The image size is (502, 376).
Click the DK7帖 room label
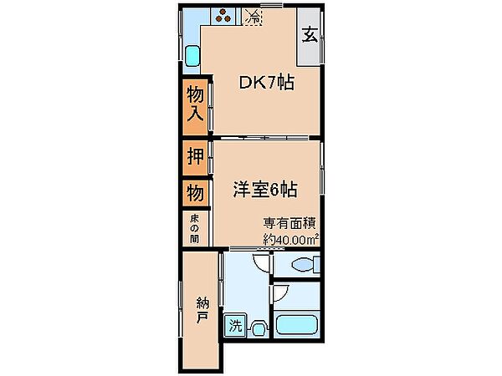(266, 83)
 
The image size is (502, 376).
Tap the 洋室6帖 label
(265, 190)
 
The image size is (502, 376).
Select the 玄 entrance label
(310, 34)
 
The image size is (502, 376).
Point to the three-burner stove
(223, 16)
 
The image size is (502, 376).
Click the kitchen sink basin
(192, 56)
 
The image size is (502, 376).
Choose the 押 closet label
(195, 156)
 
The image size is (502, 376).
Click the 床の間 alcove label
(194, 228)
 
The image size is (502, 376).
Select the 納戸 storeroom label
(202, 310)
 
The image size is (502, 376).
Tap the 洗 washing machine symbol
(235, 326)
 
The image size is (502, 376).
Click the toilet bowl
(302, 265)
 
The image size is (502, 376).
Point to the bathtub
(297, 325)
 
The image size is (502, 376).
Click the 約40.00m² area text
(290, 239)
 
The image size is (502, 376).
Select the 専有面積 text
(289, 223)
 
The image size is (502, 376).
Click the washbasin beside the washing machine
(259, 329)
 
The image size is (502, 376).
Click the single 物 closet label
(195, 193)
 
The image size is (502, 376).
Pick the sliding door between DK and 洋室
(261, 138)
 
